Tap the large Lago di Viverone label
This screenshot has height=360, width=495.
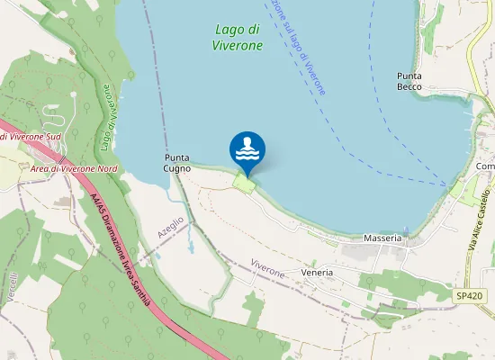point(239,36)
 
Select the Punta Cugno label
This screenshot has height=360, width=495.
point(177,162)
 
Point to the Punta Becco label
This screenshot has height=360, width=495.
point(409,82)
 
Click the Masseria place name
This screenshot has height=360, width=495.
point(382,238)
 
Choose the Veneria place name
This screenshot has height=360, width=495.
point(318,272)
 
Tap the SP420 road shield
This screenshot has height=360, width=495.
point(468,295)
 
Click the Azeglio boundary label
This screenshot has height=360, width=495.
point(170,227)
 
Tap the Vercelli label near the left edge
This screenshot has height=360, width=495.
point(13,288)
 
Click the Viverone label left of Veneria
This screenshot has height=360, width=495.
point(267,268)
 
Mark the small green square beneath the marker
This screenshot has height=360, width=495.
point(244,183)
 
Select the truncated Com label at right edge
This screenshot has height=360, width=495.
point(485,166)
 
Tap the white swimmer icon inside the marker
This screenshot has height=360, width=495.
point(247,147)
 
